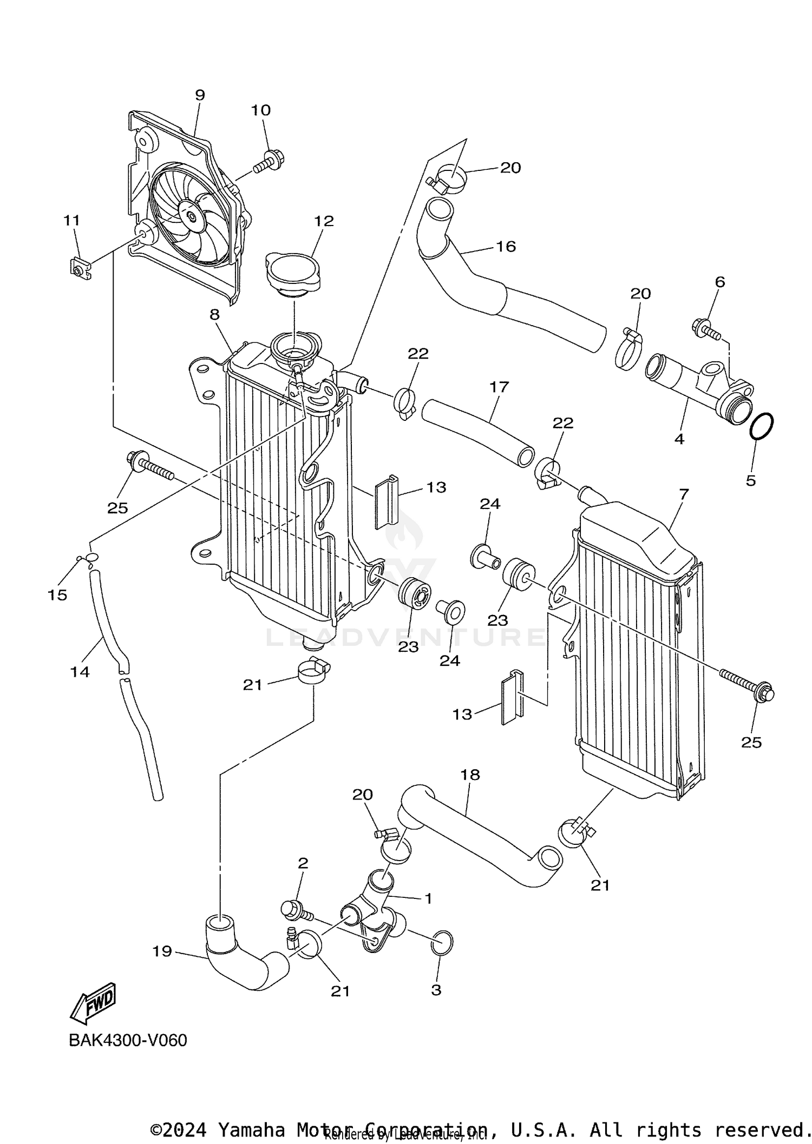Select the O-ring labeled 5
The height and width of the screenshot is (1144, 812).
761,427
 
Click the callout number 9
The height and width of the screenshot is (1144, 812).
200,95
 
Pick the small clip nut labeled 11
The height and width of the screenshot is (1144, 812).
80,267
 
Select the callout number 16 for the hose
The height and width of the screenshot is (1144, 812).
506,247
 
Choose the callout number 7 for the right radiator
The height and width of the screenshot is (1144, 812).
684,493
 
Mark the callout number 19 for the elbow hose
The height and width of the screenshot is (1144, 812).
162,951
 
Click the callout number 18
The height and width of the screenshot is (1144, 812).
470,775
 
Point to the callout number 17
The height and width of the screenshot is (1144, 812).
499,387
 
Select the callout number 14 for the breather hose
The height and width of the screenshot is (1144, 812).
80,672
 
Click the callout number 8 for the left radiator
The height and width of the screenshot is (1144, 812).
215,315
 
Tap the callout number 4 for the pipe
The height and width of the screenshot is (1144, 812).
679,439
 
